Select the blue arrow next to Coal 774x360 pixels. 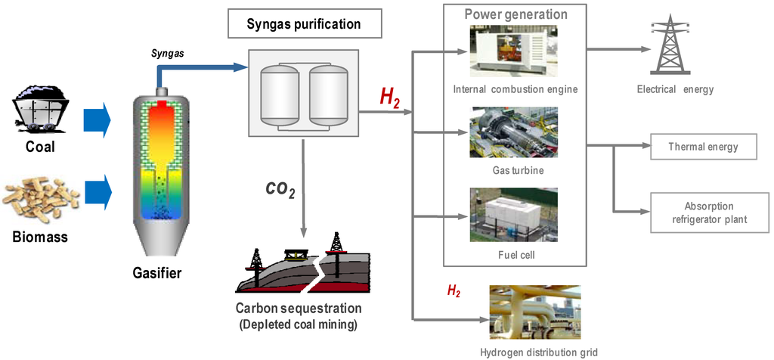pyautogui.click(x=97, y=119)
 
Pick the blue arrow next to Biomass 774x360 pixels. pyautogui.click(x=97, y=194)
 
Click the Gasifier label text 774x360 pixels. pyautogui.click(x=157, y=273)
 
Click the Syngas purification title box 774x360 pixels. pyautogui.click(x=304, y=24)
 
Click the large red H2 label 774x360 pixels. pyautogui.click(x=391, y=97)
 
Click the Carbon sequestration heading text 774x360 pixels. pyautogui.click(x=299, y=309)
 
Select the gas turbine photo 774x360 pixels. pyautogui.click(x=514, y=134)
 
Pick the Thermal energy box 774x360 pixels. pyautogui.click(x=702, y=147)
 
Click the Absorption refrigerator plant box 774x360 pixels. pyautogui.click(x=702, y=213)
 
